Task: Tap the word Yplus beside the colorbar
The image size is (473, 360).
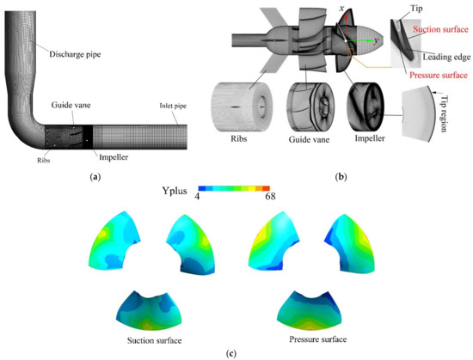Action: pyautogui.click(x=174, y=192)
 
